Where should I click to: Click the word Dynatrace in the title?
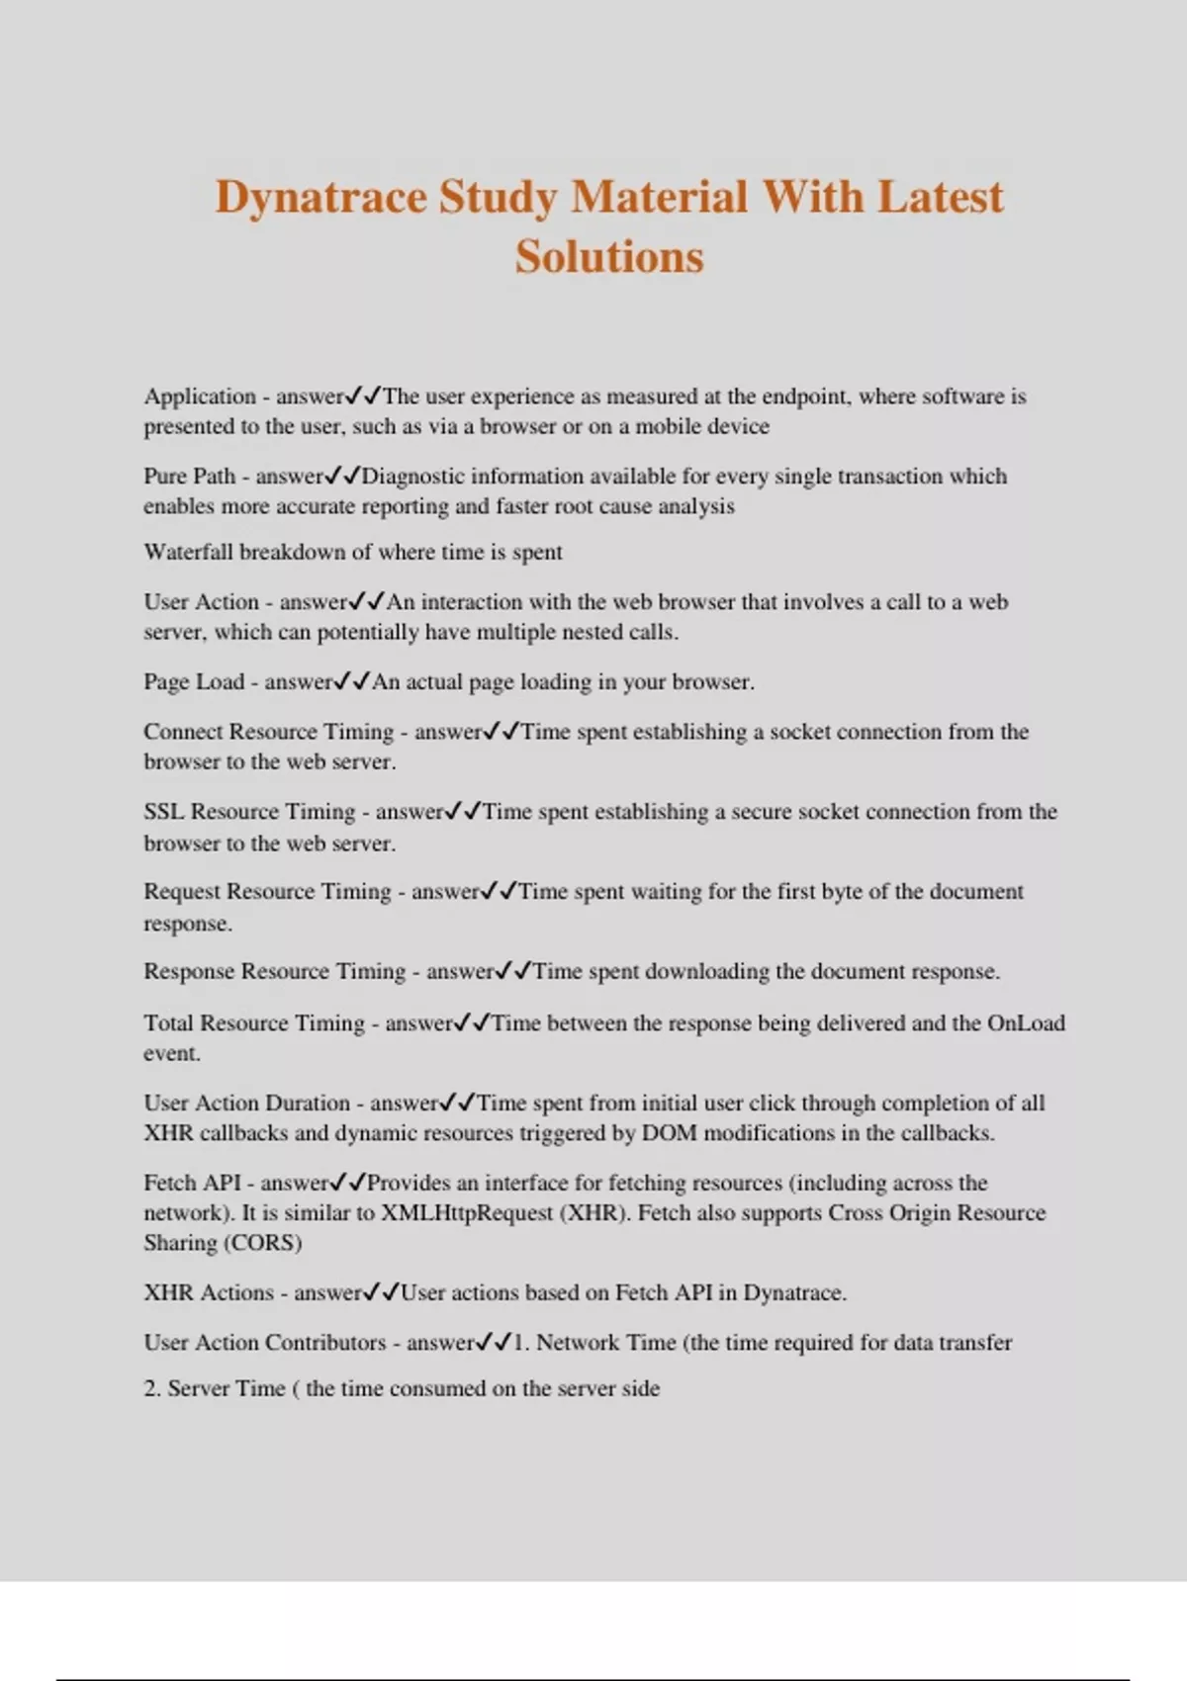(x=320, y=197)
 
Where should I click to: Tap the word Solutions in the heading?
(x=608, y=257)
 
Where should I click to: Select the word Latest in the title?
(x=940, y=197)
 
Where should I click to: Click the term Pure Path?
(x=189, y=477)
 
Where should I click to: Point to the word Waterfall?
(x=188, y=552)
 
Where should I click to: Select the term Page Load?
(x=193, y=682)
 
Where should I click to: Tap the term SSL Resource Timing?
(x=248, y=812)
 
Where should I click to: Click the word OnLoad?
(x=1026, y=1023)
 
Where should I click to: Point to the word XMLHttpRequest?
(x=466, y=1213)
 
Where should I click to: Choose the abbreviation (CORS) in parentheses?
(x=263, y=1243)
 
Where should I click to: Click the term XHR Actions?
(x=208, y=1293)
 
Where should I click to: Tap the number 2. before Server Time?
(x=151, y=1389)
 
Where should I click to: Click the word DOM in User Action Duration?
(x=669, y=1133)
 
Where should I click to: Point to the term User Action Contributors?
(x=264, y=1343)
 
